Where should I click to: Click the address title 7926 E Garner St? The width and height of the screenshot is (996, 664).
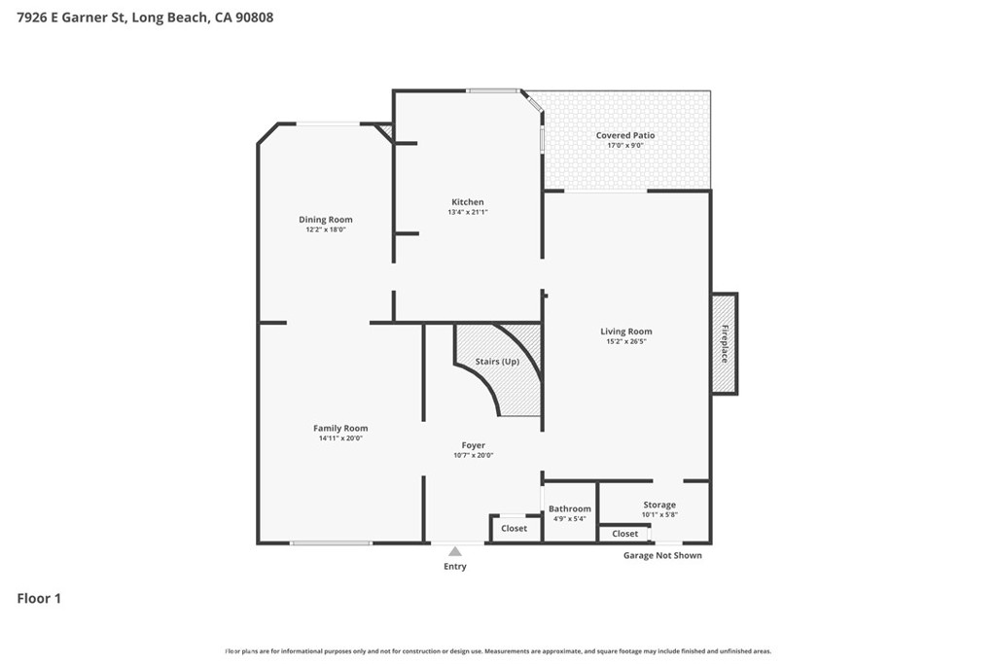click(145, 17)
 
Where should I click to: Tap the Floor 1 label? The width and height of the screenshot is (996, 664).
click(39, 599)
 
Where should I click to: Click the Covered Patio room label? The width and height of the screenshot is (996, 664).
click(625, 135)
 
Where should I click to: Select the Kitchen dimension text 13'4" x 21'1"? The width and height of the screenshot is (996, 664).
click(468, 212)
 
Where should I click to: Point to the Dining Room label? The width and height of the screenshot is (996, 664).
click(326, 220)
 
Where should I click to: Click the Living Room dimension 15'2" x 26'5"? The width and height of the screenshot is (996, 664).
click(625, 341)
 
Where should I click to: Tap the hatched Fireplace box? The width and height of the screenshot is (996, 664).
click(723, 343)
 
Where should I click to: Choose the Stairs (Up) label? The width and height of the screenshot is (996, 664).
click(497, 362)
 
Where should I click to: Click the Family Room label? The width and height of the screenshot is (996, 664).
click(340, 428)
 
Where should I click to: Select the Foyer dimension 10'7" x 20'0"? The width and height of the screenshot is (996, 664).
click(474, 455)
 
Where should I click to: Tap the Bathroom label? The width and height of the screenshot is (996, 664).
click(569, 508)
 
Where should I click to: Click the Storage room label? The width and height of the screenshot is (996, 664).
click(658, 505)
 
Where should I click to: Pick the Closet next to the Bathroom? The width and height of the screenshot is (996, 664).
click(515, 528)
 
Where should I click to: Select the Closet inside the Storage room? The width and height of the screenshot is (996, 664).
click(624, 533)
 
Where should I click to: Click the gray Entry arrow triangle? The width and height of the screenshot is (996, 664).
click(454, 551)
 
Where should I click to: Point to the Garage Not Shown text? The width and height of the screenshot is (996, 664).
click(662, 555)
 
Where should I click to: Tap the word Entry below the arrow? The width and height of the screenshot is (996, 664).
click(454, 567)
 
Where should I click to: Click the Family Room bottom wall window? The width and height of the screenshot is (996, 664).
click(331, 542)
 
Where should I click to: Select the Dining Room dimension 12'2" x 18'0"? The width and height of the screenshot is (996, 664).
click(326, 229)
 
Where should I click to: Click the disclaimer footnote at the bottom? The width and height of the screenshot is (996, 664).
click(498, 651)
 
